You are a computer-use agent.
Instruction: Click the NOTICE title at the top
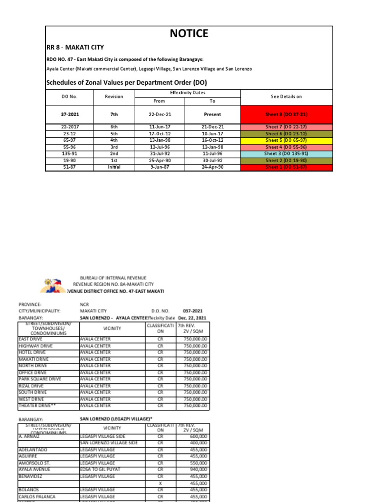click(188, 33)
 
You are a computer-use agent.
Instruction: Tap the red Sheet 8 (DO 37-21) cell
click(286, 114)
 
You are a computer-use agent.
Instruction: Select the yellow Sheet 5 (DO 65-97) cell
click(286, 140)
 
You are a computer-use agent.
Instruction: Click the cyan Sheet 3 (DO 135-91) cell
click(286, 153)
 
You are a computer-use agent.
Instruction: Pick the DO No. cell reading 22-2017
click(70, 126)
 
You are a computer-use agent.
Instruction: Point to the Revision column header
click(114, 97)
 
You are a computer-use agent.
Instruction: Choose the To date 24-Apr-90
click(212, 167)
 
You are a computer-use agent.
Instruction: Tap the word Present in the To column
click(212, 114)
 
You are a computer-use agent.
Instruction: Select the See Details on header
click(286, 97)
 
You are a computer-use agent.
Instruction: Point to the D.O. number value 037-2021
click(192, 311)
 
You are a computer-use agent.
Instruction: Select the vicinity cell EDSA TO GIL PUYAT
click(100, 469)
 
